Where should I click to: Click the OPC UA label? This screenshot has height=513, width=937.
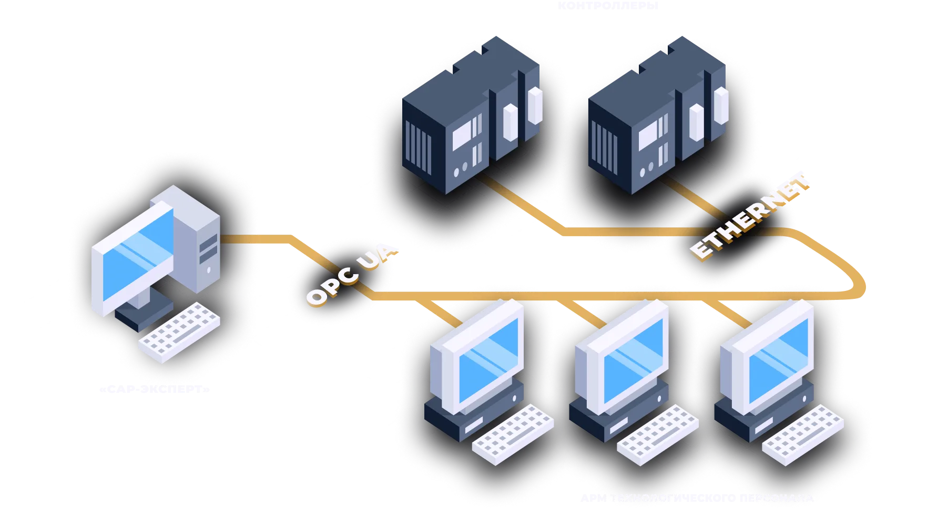[x=351, y=275]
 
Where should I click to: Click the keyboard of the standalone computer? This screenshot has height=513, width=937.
[x=179, y=331]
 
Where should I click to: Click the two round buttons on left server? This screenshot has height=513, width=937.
[x=460, y=169]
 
